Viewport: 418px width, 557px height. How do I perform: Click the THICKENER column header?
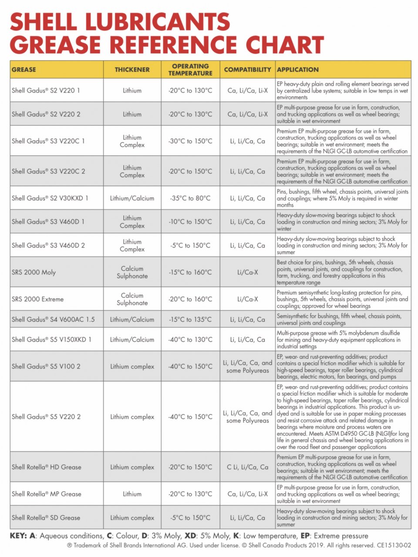(x=132, y=70)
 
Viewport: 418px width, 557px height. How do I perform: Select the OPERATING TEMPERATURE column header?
(x=190, y=70)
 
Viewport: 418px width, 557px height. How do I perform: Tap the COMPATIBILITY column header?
(x=247, y=70)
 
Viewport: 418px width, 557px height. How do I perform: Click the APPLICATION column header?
(x=298, y=70)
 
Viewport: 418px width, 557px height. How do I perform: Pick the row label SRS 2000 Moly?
(x=34, y=272)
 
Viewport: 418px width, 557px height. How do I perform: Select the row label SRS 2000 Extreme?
(x=38, y=299)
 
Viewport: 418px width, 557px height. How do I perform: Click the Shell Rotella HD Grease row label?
(x=47, y=467)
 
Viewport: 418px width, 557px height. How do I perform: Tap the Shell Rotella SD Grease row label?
(x=46, y=518)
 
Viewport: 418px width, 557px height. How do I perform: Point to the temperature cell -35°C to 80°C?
(x=190, y=198)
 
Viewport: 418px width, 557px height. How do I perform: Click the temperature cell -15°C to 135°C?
(x=190, y=319)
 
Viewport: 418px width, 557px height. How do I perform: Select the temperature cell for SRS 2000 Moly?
(x=190, y=272)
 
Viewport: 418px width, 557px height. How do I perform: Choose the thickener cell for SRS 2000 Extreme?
(x=132, y=299)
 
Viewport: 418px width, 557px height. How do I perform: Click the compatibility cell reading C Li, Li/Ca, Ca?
(x=247, y=467)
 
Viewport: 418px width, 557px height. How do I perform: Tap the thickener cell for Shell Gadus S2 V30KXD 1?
(x=132, y=198)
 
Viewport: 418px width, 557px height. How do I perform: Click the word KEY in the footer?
(x=18, y=536)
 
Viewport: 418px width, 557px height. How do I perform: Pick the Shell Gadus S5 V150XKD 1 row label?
(x=51, y=339)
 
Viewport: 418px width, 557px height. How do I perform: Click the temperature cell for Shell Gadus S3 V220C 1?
(x=190, y=141)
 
